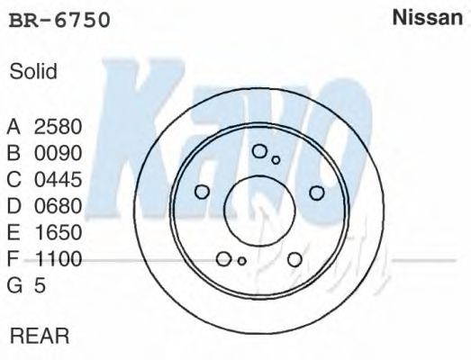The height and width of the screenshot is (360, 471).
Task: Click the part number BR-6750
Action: [x=59, y=21]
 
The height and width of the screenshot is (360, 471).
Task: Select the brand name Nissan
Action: [x=428, y=19]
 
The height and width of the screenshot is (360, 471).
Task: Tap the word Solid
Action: [x=33, y=72]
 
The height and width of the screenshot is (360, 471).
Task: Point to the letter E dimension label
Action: [x=14, y=233]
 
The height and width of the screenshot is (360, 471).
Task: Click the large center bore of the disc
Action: [x=259, y=209]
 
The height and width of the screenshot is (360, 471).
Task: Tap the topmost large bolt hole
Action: [x=259, y=152]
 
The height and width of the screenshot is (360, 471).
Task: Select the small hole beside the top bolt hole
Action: [x=276, y=160]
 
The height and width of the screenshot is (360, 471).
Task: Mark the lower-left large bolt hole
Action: [x=224, y=259]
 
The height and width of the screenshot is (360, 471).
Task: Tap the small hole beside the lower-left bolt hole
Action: [x=241, y=261]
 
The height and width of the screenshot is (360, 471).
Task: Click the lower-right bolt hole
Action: [x=294, y=259]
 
